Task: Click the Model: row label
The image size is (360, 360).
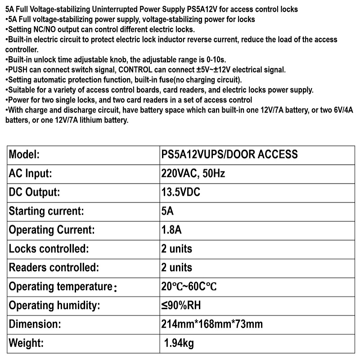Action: click(25, 154)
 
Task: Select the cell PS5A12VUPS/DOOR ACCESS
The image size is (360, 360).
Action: click(229, 154)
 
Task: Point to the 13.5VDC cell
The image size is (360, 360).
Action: click(180, 192)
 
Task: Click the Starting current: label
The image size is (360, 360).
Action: click(46, 211)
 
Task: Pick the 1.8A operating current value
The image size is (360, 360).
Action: click(171, 230)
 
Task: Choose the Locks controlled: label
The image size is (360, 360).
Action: click(49, 249)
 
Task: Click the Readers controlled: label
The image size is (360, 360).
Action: click(54, 268)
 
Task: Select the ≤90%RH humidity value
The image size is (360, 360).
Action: click(181, 306)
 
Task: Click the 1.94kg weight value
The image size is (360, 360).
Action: click(179, 344)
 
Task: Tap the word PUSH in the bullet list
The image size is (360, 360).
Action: click(17, 70)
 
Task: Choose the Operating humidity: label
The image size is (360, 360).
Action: click(54, 306)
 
